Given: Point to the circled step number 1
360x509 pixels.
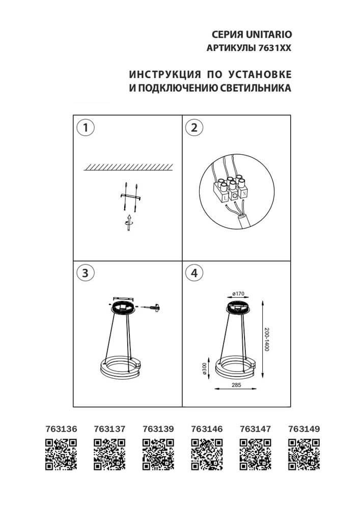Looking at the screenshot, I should coord(86,128).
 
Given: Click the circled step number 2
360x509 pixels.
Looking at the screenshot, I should coord(193,128).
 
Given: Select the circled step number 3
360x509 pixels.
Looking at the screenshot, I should coord(86,273).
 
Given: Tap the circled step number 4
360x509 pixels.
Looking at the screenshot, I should coord(193,273).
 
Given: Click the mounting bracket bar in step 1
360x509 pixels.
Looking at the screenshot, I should coord(129,196).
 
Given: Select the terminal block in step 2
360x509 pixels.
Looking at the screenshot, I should coord(231,188).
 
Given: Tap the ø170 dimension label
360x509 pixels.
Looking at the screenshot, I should coord(238,294).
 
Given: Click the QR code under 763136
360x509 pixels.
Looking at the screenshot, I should coord(61,454).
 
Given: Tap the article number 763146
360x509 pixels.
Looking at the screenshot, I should coord(206,429).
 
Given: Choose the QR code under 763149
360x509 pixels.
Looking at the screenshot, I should coord(303,454).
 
